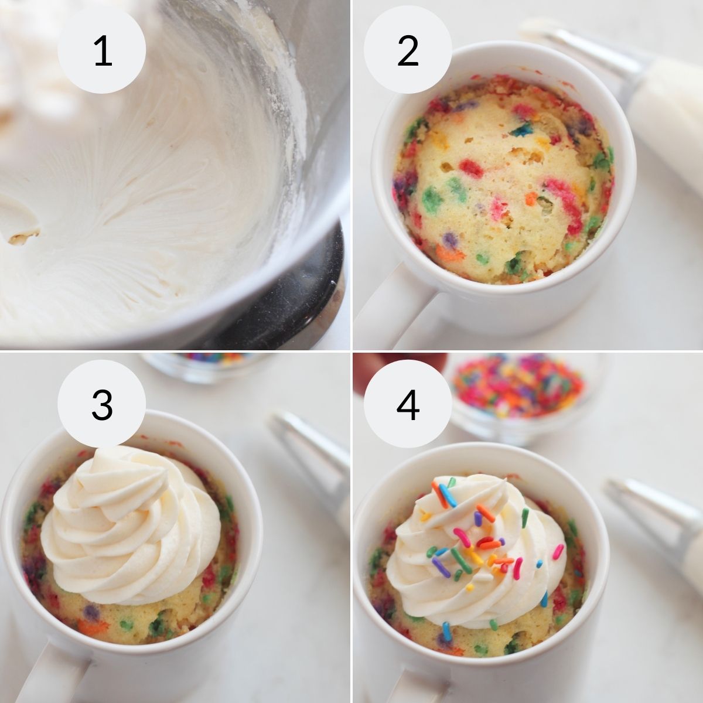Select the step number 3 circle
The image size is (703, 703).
point(102,404)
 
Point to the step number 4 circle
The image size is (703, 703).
point(408,404)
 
